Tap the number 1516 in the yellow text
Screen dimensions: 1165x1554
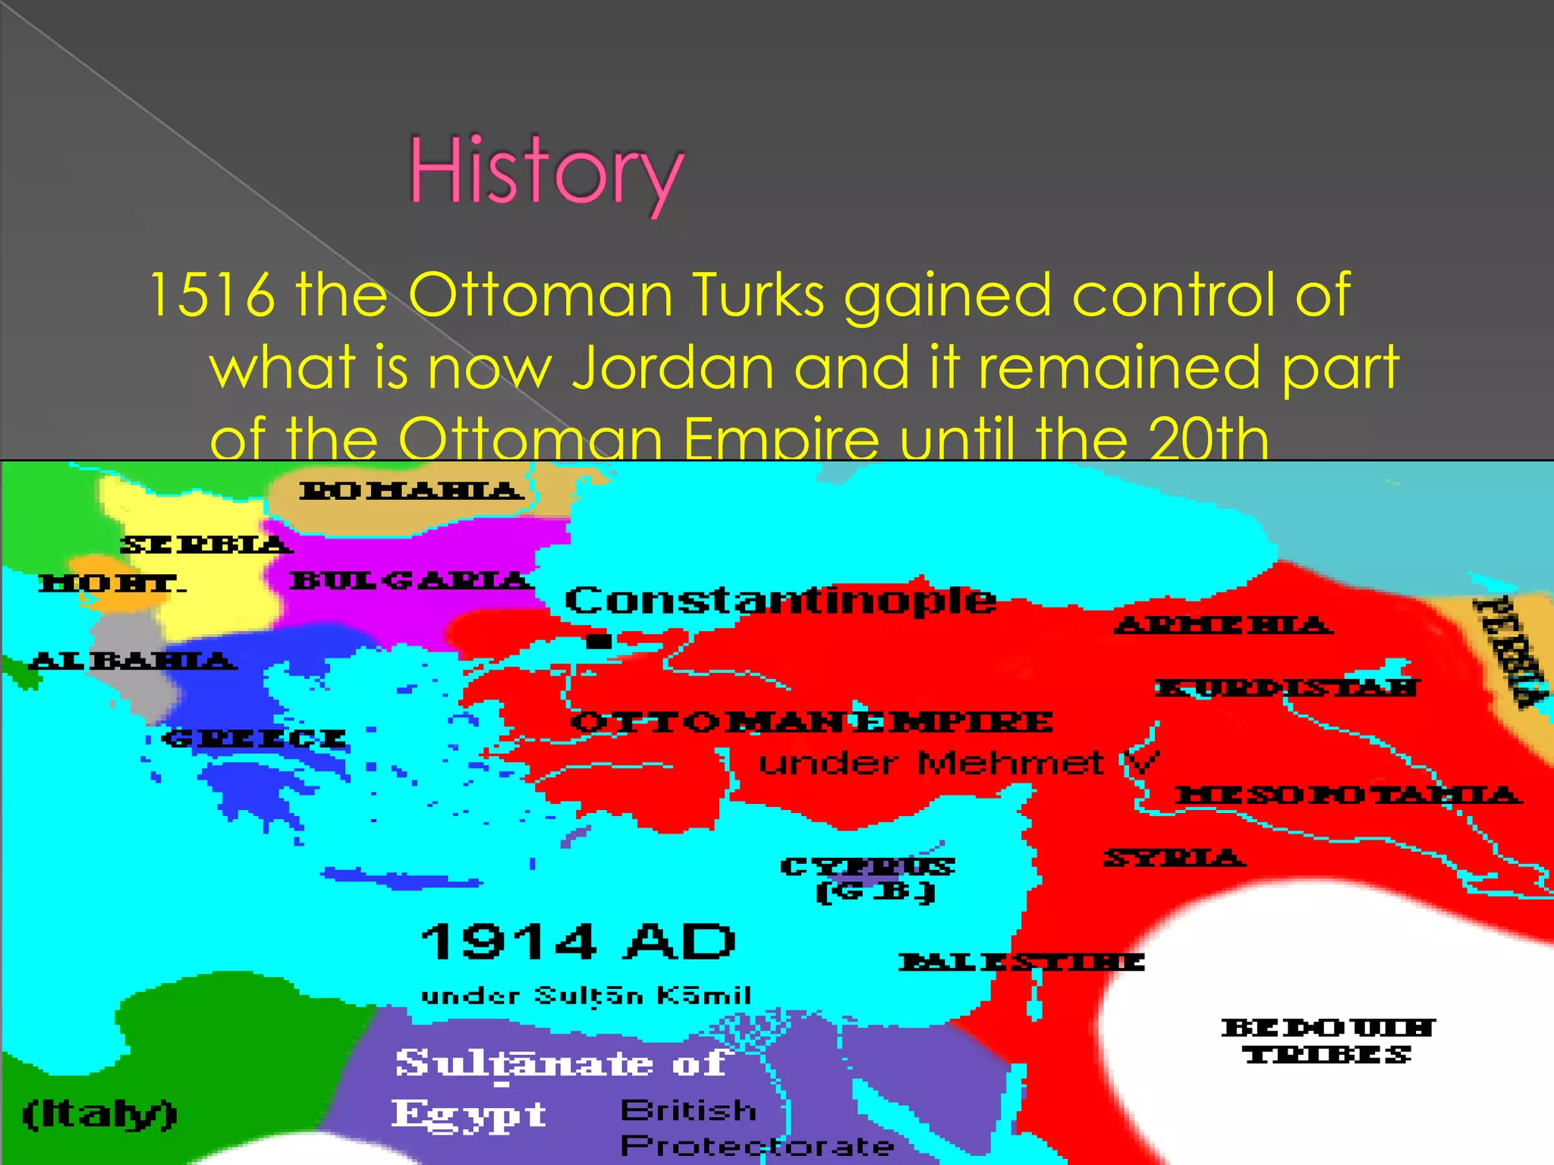click(212, 294)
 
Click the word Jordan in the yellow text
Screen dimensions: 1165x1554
click(672, 367)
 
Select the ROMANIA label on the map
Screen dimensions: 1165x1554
click(411, 491)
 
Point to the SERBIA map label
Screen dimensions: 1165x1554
click(205, 545)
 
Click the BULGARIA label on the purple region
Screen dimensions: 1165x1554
click(411, 581)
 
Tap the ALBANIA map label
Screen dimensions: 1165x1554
click(133, 661)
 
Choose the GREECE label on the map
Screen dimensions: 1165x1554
click(255, 738)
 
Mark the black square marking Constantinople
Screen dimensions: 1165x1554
click(599, 641)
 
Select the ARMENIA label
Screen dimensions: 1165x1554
click(1222, 626)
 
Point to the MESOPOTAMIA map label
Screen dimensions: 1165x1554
click(1348, 795)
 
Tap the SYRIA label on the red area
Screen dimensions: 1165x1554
click(1173, 858)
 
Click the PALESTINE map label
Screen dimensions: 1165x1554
click(1021, 962)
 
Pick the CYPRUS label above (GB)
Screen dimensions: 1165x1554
click(867, 866)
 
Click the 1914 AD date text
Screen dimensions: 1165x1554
click(578, 942)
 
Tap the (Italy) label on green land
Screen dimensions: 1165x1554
click(99, 1113)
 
